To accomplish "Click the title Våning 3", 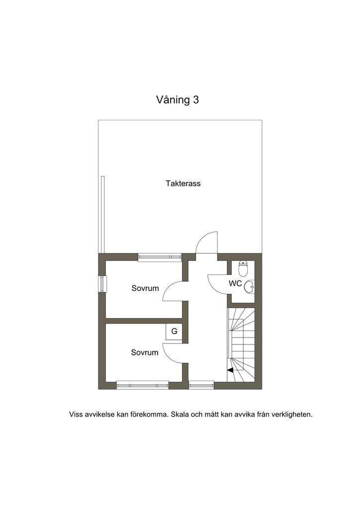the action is click(178, 99).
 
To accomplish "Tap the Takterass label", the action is click(183, 183).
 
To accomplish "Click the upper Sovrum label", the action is click(145, 288).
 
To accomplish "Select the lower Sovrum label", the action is click(145, 352).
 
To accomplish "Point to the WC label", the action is click(235, 283).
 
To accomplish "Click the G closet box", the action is click(175, 332).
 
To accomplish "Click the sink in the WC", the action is click(250, 286).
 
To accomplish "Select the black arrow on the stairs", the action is click(230, 370).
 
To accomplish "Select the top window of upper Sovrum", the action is click(160, 257).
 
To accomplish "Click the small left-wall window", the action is click(102, 284).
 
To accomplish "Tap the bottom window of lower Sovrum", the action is click(143, 385).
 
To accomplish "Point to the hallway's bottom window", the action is click(201, 385).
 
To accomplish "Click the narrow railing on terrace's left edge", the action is click(102, 214).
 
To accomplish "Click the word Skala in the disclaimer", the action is click(180, 415).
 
